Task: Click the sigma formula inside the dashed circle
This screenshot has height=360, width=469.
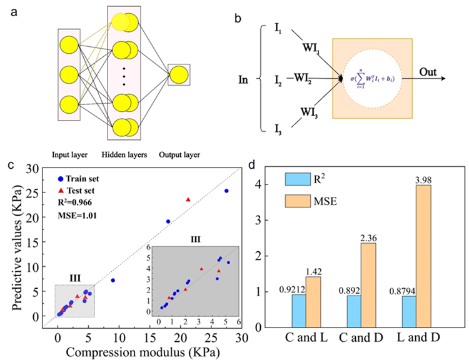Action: (373, 79)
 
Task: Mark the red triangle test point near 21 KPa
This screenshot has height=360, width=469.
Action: (188, 200)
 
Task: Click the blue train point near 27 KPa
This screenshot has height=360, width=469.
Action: (226, 191)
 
